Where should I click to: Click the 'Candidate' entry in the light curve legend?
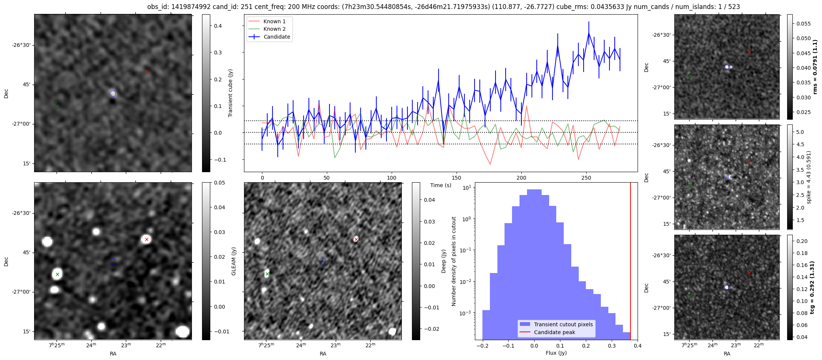tap(277, 37)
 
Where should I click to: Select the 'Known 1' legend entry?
tap(274, 21)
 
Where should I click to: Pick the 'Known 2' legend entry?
tap(274, 29)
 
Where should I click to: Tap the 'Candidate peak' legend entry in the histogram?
tap(554, 332)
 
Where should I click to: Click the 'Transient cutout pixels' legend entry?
tap(563, 324)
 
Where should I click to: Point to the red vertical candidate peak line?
tap(630, 262)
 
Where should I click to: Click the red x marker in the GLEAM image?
tap(147, 239)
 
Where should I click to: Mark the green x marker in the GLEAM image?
tap(57, 274)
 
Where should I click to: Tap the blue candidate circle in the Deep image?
tap(323, 261)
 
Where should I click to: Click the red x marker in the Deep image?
tap(356, 239)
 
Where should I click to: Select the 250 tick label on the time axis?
tap(586, 178)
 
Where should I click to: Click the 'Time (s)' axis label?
tap(440, 185)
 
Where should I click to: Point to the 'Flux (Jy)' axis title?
tap(556, 353)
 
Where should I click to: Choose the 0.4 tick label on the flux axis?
tap(638, 346)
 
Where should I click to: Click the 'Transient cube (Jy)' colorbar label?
tap(231, 93)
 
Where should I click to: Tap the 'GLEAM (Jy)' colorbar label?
tap(234, 261)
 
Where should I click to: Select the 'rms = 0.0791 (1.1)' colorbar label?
tap(815, 67)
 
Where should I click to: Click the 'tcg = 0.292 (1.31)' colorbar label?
tap(812, 287)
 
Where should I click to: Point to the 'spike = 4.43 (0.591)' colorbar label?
tap(809, 177)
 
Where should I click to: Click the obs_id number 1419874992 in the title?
tap(187, 7)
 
